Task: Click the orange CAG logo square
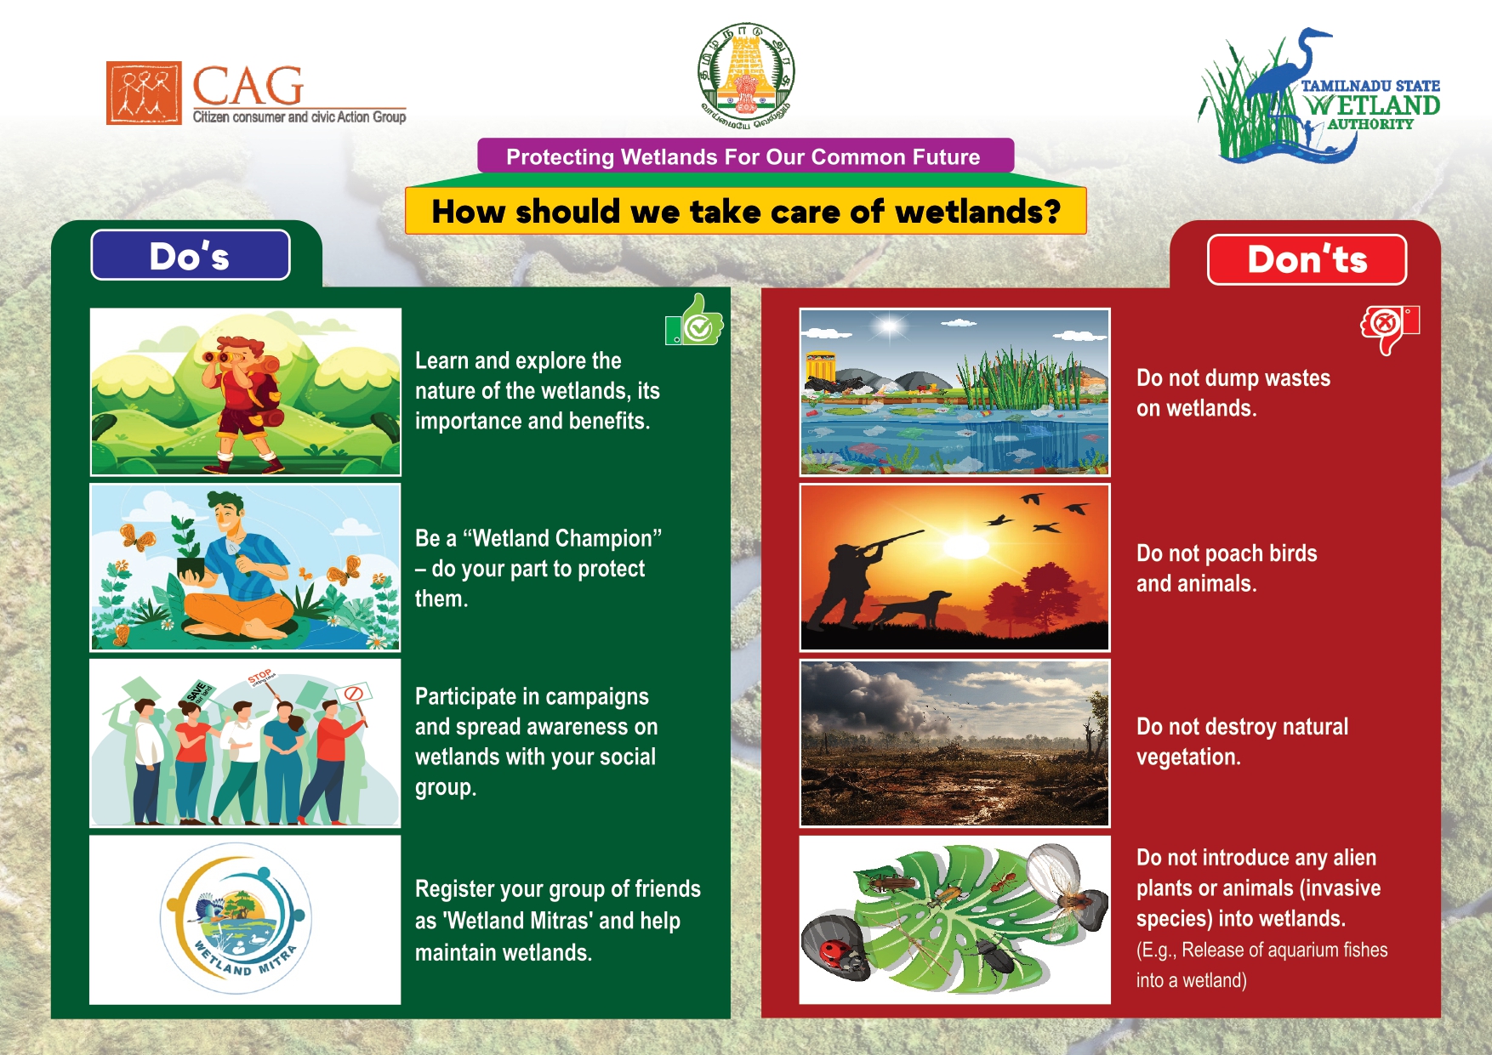pos(144,93)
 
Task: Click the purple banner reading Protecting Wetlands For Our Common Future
pos(745,156)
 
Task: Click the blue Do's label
pos(191,255)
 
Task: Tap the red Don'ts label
pos(1307,259)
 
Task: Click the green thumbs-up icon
pos(694,320)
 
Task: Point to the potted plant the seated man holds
pos(191,548)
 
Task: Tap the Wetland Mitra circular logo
pos(236,918)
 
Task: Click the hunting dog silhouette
pos(909,609)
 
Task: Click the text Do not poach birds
pos(1227,553)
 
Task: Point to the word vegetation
pos(1188,757)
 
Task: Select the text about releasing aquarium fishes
pos(1262,965)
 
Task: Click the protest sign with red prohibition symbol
pos(353,694)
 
